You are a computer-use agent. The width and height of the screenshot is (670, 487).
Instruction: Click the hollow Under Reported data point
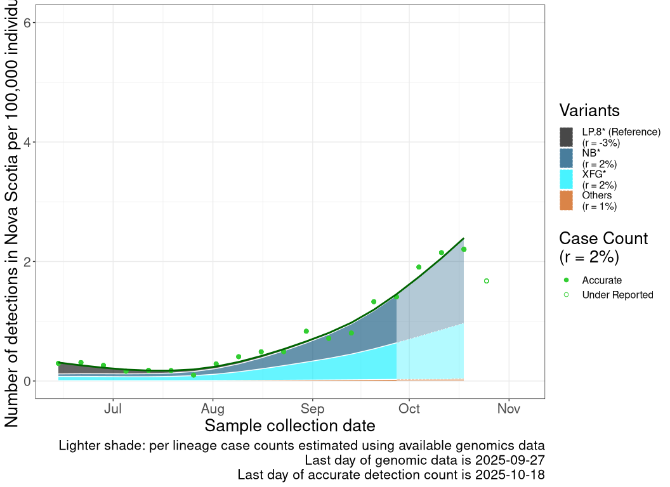[487, 281]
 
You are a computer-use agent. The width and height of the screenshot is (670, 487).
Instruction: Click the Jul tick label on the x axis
[113, 409]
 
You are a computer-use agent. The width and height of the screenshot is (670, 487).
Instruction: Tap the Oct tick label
[410, 409]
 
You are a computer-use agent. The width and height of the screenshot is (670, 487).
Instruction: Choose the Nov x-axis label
[509, 409]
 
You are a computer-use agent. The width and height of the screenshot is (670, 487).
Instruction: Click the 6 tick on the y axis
[28, 23]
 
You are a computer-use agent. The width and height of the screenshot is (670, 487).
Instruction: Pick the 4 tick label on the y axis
[28, 142]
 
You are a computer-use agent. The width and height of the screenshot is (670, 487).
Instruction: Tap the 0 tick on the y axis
[28, 381]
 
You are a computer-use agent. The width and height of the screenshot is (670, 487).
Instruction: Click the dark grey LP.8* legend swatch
[567, 137]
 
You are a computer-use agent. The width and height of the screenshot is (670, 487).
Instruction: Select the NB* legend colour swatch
[567, 158]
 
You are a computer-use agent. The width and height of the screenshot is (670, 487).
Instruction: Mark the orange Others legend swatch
[567, 200]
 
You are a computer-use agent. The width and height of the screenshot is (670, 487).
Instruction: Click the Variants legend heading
[589, 110]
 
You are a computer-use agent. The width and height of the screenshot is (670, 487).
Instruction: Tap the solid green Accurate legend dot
[567, 280]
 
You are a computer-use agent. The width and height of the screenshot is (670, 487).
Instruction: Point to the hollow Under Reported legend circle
[567, 295]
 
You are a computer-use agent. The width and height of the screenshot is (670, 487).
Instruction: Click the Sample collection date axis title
[290, 425]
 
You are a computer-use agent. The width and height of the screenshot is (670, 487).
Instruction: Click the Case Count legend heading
[603, 238]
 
